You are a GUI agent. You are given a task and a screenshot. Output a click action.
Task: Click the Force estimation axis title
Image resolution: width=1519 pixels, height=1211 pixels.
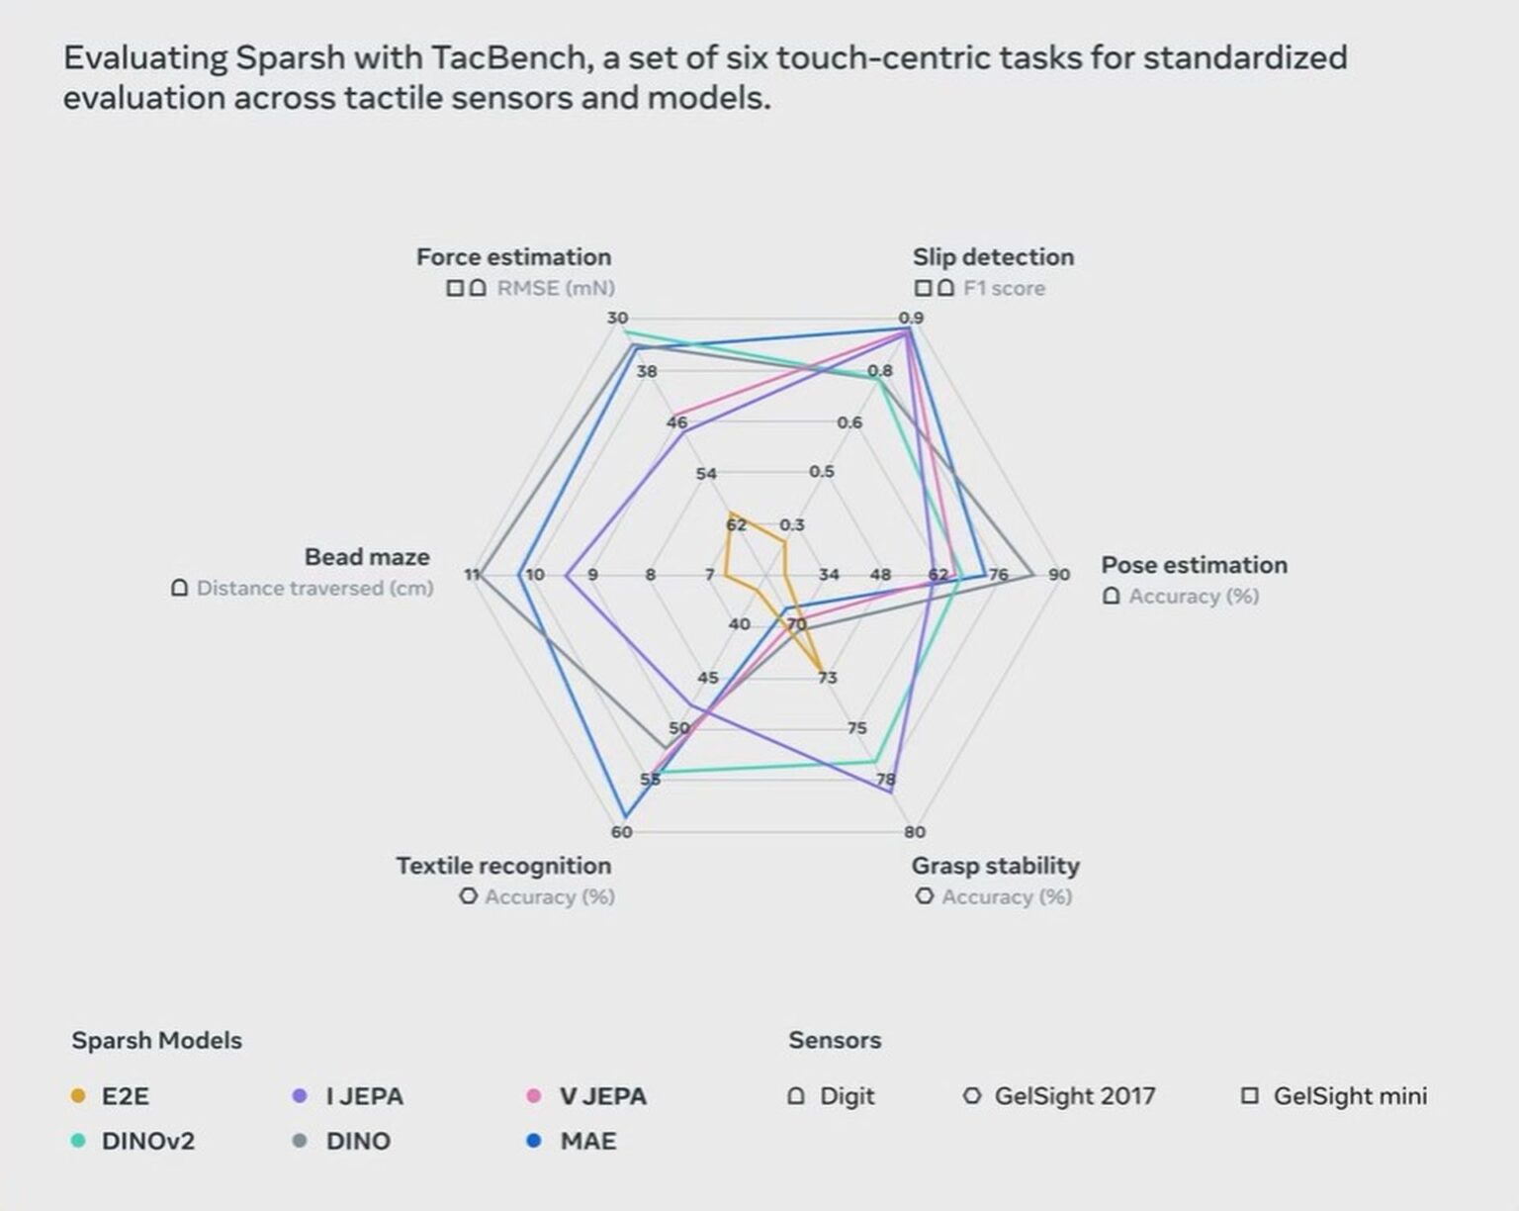[x=513, y=257]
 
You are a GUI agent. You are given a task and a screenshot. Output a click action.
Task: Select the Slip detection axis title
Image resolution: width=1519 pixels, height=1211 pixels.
[x=993, y=257]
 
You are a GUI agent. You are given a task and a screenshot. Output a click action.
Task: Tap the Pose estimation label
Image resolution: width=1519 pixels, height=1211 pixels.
[x=1194, y=565]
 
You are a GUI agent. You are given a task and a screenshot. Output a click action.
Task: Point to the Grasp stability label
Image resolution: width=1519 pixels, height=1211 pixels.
[x=995, y=866]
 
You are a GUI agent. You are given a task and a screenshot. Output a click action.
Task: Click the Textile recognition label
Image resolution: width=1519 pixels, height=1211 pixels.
[x=503, y=866]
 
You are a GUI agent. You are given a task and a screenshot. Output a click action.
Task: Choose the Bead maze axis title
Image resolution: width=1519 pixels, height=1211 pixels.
[x=367, y=557]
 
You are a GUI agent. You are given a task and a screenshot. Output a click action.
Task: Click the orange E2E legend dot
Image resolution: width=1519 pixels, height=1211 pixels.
[x=79, y=1096]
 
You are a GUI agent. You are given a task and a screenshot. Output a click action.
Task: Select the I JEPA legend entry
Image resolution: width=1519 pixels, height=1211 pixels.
[x=364, y=1096]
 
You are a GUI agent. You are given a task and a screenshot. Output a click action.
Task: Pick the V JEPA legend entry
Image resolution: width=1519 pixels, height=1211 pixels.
[x=602, y=1096]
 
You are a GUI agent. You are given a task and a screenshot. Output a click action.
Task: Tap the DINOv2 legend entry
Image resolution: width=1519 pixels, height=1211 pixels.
[x=147, y=1141]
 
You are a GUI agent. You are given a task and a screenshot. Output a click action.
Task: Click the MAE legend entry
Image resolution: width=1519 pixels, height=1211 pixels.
[x=587, y=1141]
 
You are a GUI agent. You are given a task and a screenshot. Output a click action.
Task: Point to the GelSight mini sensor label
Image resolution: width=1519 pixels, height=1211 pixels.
[x=1349, y=1096]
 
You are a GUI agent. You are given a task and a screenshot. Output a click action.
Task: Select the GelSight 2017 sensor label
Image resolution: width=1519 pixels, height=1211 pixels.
[x=1074, y=1096]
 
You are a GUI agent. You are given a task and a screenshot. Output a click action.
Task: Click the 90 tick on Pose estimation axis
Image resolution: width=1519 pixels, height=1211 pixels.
[x=1059, y=575]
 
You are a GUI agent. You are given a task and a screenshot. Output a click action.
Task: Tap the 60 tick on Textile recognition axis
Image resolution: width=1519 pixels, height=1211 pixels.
[x=621, y=832]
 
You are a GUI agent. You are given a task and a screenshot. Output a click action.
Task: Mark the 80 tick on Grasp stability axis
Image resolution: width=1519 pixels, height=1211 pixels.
[x=915, y=832]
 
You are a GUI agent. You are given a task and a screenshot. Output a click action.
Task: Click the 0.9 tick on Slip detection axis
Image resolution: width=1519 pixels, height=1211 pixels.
[x=911, y=318]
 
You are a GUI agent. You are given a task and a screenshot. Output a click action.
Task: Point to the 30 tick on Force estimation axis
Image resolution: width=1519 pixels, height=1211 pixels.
[x=617, y=318]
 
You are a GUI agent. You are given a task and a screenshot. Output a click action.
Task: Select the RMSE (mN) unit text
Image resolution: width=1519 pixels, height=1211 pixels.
[x=555, y=288]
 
